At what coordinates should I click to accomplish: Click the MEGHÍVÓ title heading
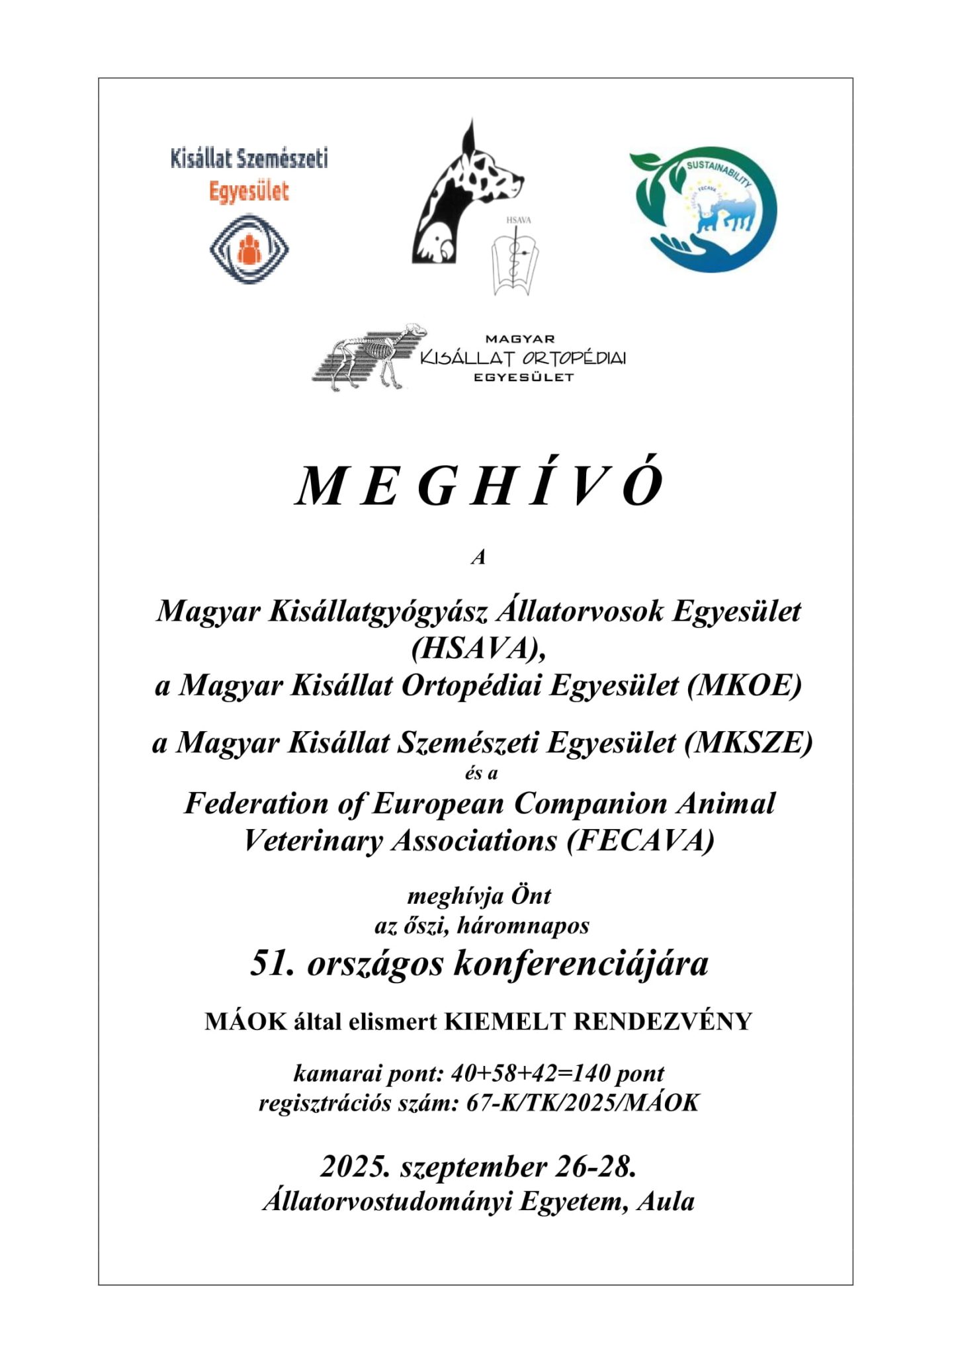tap(479, 486)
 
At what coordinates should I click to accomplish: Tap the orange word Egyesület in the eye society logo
tap(249, 192)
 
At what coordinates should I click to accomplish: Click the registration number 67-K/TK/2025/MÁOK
tap(583, 1102)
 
